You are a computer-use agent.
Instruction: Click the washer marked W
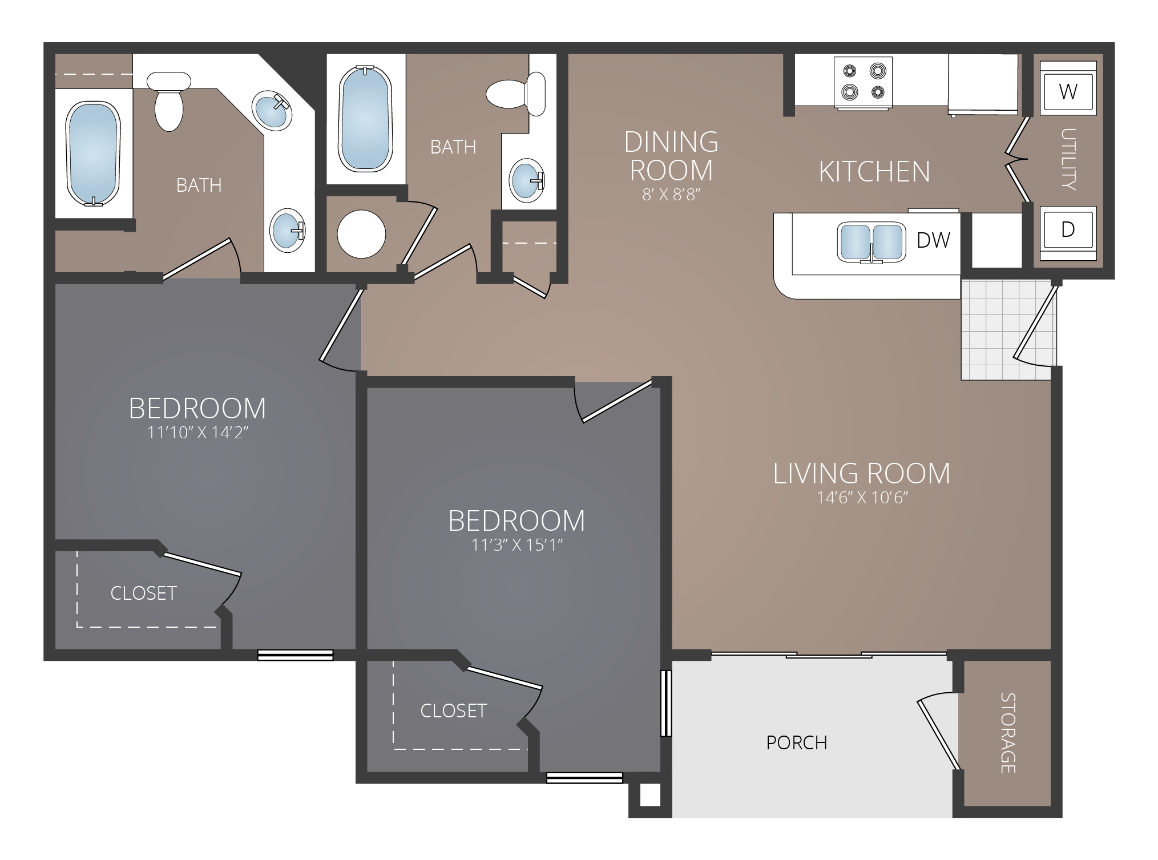tap(1068, 91)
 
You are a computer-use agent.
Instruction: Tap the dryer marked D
tap(1068, 229)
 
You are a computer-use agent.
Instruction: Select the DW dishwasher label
tap(933, 240)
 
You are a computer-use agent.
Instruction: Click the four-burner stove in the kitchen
tap(863, 82)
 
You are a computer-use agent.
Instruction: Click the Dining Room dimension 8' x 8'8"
tap(671, 195)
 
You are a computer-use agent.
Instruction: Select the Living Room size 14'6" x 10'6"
tap(862, 498)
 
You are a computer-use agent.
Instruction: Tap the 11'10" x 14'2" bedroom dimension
tap(197, 433)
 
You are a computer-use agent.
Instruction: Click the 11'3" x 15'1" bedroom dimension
tap(517, 545)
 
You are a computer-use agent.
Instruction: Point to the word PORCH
tap(796, 742)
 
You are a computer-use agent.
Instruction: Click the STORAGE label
tap(1007, 733)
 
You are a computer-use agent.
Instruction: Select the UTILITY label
tap(1068, 159)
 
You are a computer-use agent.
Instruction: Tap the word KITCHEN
tap(874, 172)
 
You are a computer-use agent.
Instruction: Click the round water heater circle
tap(361, 234)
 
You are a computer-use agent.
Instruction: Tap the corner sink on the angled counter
tap(272, 111)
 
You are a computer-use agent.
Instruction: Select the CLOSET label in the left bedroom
tap(143, 593)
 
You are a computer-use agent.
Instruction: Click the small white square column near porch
tap(650, 796)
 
